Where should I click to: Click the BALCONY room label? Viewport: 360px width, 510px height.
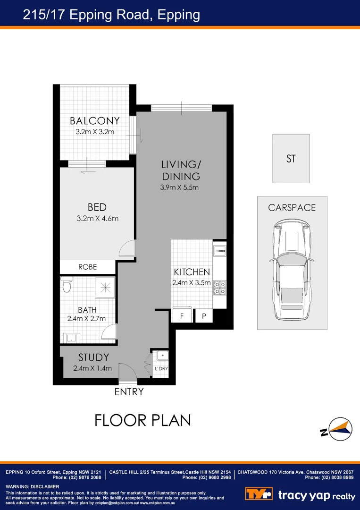(x=94, y=121)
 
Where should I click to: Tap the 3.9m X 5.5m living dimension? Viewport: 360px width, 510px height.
(x=179, y=187)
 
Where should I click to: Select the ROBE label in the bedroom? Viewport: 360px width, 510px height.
(x=87, y=267)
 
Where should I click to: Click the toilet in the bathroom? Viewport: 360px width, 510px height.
(x=66, y=285)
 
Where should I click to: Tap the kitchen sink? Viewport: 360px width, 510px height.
(x=220, y=249)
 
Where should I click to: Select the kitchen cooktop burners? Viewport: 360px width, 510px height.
(x=220, y=288)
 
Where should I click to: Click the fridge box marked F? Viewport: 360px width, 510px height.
(x=182, y=316)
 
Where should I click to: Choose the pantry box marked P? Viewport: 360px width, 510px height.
(x=204, y=316)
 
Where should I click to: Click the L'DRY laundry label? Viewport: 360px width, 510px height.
(x=161, y=369)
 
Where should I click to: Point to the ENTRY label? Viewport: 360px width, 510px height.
(x=129, y=392)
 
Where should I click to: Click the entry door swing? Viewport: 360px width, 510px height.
(x=127, y=371)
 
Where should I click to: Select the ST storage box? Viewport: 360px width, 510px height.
(x=291, y=159)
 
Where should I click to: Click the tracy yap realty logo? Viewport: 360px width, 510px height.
(x=300, y=494)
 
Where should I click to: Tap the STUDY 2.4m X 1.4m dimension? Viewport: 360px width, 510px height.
(x=92, y=368)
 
